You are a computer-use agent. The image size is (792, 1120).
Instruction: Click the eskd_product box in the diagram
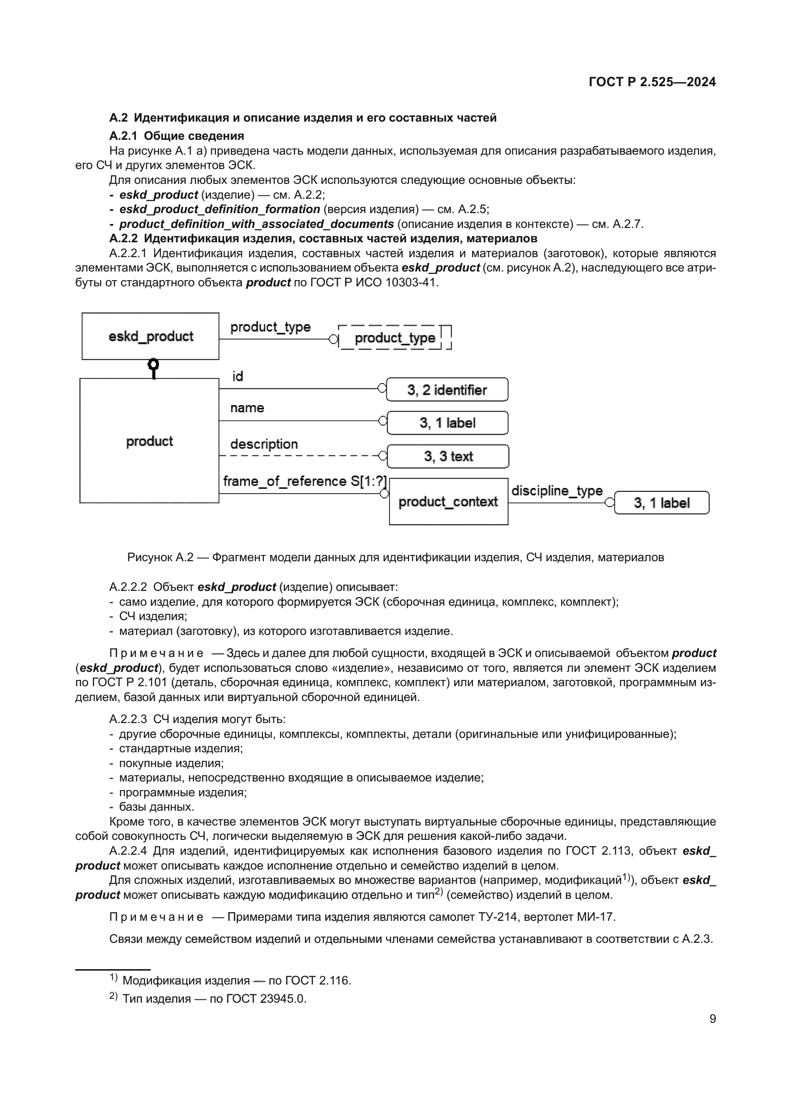[150, 336]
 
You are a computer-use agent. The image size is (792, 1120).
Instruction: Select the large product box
[149, 441]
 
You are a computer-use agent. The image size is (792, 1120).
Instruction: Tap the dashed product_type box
[395, 338]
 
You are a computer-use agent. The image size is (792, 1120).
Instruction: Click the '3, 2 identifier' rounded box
[447, 390]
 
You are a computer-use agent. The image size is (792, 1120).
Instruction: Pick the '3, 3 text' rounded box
[448, 456]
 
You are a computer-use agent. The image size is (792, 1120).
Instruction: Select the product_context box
[448, 501]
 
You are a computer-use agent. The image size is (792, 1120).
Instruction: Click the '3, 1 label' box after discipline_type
[661, 503]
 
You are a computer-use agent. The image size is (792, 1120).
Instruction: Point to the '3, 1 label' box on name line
[447, 423]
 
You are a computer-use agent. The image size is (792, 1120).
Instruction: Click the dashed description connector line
[297, 455]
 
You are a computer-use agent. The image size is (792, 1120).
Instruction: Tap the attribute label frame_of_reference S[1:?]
[305, 481]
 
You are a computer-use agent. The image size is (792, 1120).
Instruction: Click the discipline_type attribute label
[556, 491]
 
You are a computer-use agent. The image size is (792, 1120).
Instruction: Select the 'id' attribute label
[238, 376]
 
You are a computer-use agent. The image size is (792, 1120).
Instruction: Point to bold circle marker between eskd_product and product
[154, 365]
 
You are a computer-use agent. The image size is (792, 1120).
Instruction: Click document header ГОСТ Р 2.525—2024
[652, 82]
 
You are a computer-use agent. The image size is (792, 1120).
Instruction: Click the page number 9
[713, 1018]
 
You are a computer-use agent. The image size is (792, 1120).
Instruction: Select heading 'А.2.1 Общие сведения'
[177, 136]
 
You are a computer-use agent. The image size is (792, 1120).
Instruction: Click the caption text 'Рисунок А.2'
[160, 557]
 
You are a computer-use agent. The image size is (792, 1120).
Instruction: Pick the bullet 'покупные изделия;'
[171, 763]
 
